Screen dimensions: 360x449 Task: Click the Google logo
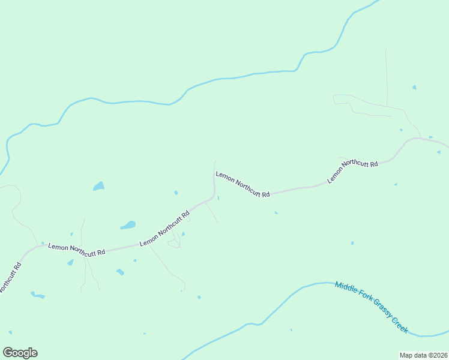(20, 353)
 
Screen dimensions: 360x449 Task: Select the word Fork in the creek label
(364, 297)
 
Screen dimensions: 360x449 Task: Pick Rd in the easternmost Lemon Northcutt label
(373, 163)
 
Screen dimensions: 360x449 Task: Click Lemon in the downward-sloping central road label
(223, 176)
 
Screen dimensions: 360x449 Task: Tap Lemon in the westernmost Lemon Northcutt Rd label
(58, 247)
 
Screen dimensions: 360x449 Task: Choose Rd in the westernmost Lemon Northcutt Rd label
(101, 253)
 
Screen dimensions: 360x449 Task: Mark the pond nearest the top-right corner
(414, 88)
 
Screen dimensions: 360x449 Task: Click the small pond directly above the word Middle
(352, 243)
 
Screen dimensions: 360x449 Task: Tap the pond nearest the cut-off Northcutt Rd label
(38, 295)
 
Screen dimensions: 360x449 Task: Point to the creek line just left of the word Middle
(318, 283)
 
